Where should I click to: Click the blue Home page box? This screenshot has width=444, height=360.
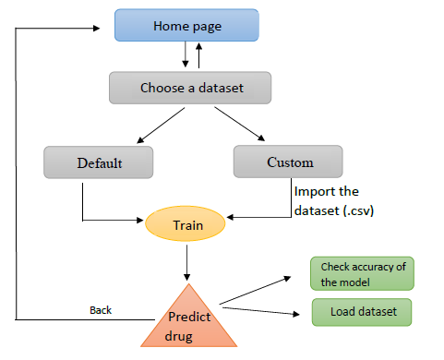(x=187, y=26)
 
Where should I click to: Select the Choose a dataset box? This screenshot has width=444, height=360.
(x=189, y=89)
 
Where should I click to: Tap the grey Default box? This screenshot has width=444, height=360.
(x=97, y=162)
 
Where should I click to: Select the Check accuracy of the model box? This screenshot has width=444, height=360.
(x=362, y=272)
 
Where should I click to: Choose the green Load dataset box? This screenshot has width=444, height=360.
(x=361, y=312)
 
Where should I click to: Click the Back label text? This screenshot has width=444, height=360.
(x=101, y=310)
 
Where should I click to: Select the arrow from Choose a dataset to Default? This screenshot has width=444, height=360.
(x=139, y=126)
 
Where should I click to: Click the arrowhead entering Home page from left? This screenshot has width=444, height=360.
(x=106, y=27)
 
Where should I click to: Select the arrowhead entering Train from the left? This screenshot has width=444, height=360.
(x=141, y=221)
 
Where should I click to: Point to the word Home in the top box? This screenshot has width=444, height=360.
(x=171, y=26)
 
